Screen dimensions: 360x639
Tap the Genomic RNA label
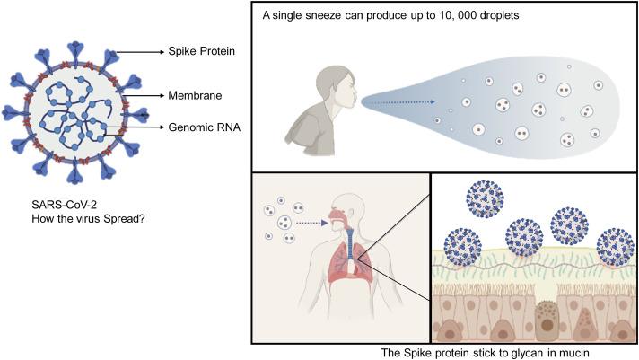(203, 127)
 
